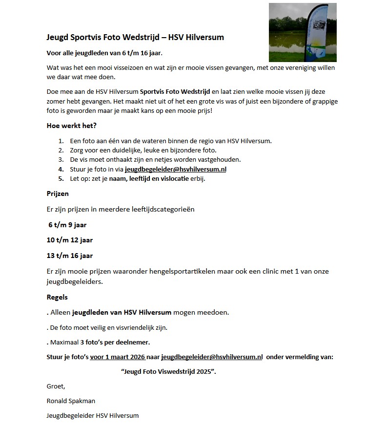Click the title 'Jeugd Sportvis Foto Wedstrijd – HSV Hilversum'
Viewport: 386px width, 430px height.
[x=135, y=37]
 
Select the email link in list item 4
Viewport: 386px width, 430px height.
[x=176, y=169]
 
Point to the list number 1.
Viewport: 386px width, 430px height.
[x=61, y=141]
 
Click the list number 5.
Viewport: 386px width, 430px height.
[x=61, y=178]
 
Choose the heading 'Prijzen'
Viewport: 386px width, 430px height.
[x=58, y=193]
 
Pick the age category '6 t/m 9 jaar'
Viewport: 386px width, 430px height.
[x=67, y=225]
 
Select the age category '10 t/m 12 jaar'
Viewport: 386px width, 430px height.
[x=69, y=240]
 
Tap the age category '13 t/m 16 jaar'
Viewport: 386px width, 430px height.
[x=69, y=255]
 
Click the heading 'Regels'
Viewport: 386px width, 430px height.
[x=57, y=297]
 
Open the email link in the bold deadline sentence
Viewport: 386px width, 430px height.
[x=212, y=357]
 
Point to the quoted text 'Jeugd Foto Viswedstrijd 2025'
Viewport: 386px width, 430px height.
[x=168, y=371]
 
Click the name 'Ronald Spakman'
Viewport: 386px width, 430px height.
[x=71, y=401]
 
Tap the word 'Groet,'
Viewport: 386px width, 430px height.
[x=56, y=386]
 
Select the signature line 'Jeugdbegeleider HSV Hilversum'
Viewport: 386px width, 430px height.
[x=93, y=415]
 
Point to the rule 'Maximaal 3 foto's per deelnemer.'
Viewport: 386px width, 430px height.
[x=98, y=342]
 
